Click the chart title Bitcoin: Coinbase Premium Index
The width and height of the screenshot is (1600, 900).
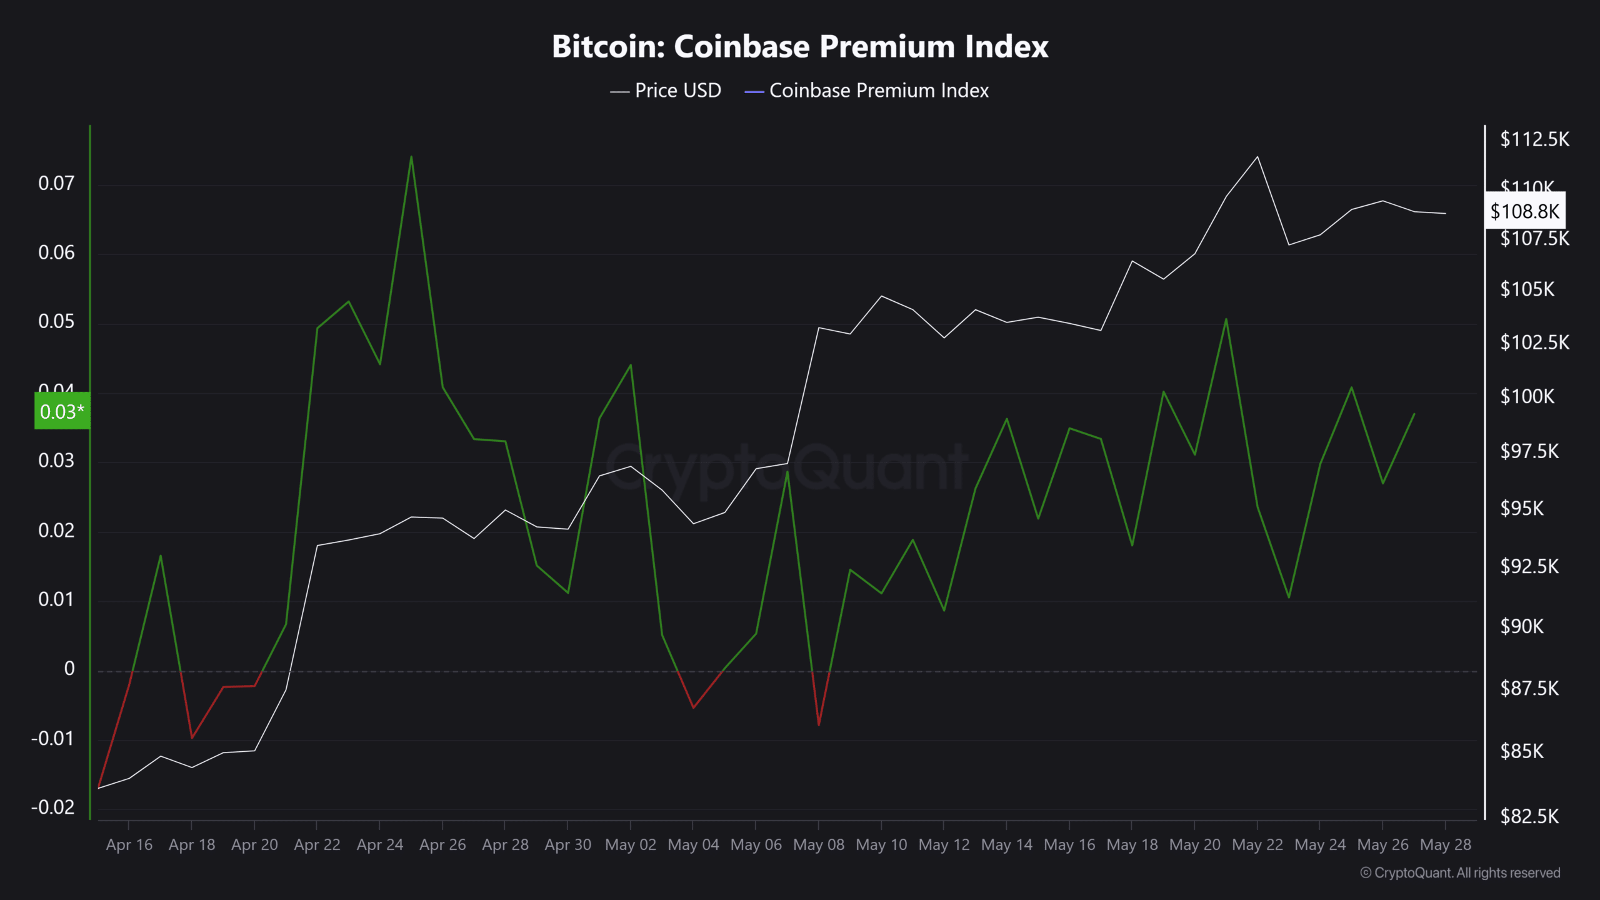tap(800, 47)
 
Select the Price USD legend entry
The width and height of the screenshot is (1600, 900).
tap(666, 91)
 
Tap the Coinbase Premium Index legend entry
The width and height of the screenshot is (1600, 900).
tap(867, 91)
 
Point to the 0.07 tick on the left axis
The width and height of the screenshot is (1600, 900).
tap(56, 183)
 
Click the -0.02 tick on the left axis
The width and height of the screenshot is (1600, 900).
tap(53, 807)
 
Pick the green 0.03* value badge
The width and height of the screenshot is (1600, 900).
tap(62, 411)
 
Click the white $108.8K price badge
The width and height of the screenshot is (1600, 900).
tap(1525, 211)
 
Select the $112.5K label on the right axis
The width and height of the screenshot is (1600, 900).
tap(1534, 139)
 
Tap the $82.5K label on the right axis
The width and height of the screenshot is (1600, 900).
tap(1529, 816)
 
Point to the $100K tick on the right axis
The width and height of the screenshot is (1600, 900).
tap(1527, 396)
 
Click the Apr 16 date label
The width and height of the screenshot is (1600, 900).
tap(129, 844)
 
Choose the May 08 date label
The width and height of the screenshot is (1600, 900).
tap(818, 844)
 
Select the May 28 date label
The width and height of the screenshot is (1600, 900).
tap(1445, 844)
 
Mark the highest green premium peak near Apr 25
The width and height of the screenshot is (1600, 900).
tap(411, 157)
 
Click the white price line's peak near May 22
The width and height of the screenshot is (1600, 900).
tap(1257, 157)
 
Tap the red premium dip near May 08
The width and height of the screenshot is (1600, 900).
tap(819, 724)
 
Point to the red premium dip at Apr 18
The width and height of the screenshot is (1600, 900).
tap(192, 737)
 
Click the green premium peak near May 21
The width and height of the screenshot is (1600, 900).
tap(1226, 319)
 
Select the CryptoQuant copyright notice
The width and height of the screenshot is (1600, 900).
tap(1460, 872)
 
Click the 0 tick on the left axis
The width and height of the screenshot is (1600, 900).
tap(69, 669)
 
